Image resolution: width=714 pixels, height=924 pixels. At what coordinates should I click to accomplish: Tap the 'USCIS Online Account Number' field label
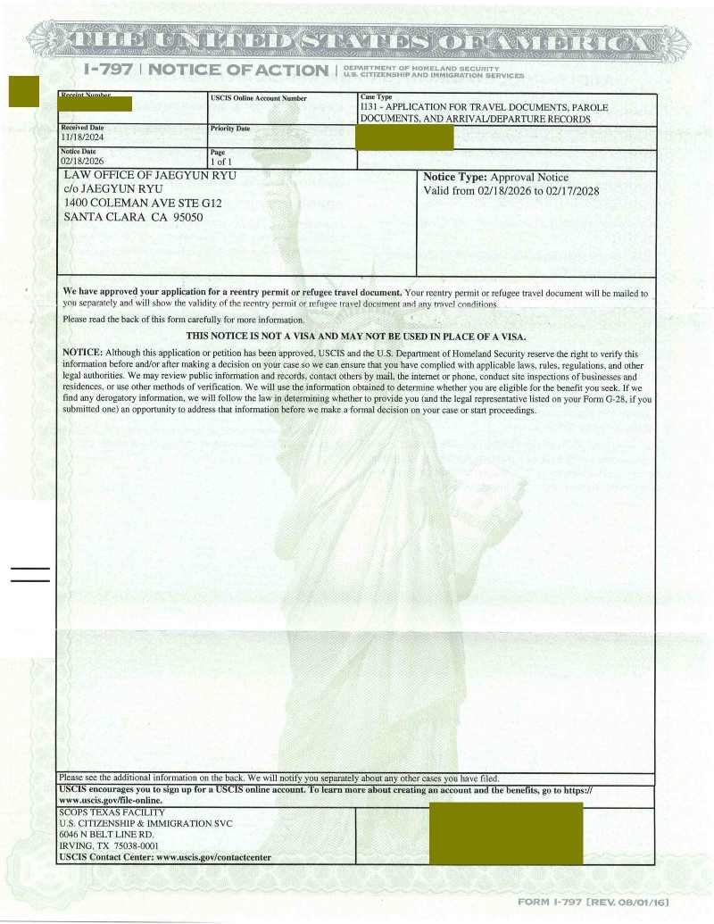(258, 98)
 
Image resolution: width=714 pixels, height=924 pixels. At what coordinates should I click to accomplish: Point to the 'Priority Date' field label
(229, 129)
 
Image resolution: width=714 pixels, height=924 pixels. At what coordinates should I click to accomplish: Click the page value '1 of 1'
(218, 162)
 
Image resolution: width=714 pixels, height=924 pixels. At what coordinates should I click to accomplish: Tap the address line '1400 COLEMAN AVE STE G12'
(143, 204)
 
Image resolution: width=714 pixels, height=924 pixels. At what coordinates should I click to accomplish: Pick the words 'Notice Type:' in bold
(455, 178)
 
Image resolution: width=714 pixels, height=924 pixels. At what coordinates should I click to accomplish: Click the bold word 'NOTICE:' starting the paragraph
(83, 353)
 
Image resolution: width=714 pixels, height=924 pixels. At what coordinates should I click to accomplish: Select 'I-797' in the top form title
(106, 70)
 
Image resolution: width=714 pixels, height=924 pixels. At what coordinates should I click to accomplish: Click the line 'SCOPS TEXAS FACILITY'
(112, 812)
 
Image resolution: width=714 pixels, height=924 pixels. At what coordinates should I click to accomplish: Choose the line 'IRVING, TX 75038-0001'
(109, 845)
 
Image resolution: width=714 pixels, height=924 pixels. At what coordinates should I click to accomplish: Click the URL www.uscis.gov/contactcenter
(213, 858)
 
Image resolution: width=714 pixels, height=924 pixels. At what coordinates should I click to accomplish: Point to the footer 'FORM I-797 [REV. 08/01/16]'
(593, 903)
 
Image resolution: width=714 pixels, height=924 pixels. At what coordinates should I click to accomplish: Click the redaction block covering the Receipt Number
(94, 104)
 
